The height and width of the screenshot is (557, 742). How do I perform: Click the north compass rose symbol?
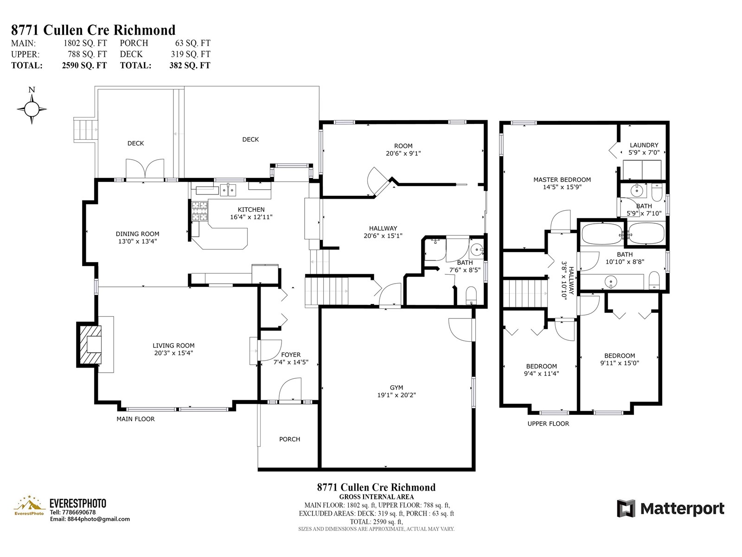pyautogui.click(x=32, y=109)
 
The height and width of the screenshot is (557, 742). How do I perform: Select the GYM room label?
pyautogui.click(x=396, y=388)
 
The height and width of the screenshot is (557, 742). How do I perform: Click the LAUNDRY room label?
pyautogui.click(x=644, y=145)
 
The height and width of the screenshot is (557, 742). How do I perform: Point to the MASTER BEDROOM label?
pyautogui.click(x=562, y=180)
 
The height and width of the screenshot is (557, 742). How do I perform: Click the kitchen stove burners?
pyautogui.click(x=200, y=211)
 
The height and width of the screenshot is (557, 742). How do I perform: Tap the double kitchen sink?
pyautogui.click(x=228, y=190)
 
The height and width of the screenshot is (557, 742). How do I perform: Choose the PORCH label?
pyautogui.click(x=290, y=439)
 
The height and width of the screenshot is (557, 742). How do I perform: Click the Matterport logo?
pyautogui.click(x=671, y=508)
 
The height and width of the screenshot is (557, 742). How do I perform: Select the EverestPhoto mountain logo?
pyautogui.click(x=29, y=505)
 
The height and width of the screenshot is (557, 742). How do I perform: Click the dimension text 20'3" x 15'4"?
pyautogui.click(x=173, y=353)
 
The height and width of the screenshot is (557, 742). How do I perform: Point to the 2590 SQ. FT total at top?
pyautogui.click(x=84, y=65)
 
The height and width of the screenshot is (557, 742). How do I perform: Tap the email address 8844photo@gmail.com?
pyautogui.click(x=98, y=519)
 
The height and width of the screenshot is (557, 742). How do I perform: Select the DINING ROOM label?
pyautogui.click(x=137, y=233)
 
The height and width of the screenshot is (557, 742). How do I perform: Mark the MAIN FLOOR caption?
pyautogui.click(x=135, y=419)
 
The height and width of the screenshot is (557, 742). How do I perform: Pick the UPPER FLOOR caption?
pyautogui.click(x=548, y=423)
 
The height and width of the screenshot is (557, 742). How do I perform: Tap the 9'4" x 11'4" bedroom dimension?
pyautogui.click(x=541, y=374)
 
